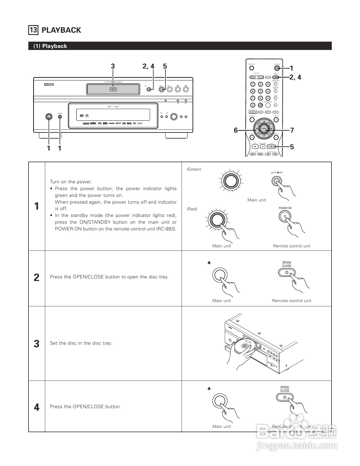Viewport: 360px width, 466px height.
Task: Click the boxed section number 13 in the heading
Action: coord(33,30)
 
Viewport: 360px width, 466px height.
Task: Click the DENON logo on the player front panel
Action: coord(49,84)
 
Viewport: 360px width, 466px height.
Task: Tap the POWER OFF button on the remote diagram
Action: coord(251,68)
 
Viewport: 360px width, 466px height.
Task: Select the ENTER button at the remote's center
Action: coord(264,129)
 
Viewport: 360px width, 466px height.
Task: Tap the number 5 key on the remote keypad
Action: coord(260,91)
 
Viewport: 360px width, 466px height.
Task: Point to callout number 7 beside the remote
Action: coord(292,130)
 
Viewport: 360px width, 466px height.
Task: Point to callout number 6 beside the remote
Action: coord(236,130)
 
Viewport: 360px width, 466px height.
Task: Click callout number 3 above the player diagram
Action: coord(113,66)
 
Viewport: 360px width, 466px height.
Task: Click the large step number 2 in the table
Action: coord(36,278)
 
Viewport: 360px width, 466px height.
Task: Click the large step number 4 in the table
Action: coord(36,407)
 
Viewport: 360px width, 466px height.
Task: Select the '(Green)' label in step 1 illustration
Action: coord(194,169)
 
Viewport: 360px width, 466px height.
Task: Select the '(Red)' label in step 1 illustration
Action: coord(192,209)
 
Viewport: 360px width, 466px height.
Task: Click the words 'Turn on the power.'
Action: coord(71,182)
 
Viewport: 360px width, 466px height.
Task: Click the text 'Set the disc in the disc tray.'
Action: coord(81,343)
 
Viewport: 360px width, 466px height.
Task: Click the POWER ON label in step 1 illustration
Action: coord(285,208)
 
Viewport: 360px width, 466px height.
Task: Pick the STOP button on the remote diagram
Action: coord(255,146)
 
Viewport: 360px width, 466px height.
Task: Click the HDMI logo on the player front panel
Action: coord(112,123)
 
